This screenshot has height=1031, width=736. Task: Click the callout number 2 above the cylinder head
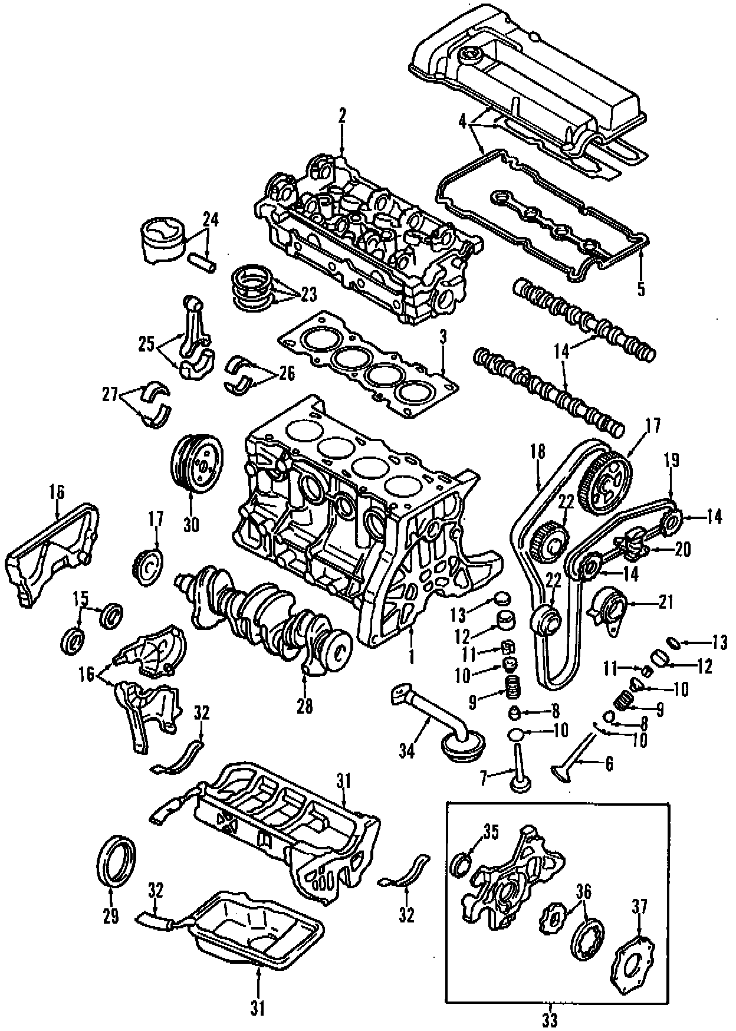(342, 117)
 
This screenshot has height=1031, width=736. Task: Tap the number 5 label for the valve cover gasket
(641, 289)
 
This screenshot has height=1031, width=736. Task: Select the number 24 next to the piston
(211, 220)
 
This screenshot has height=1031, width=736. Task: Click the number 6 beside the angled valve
(609, 764)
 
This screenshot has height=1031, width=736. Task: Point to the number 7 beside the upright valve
(482, 779)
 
